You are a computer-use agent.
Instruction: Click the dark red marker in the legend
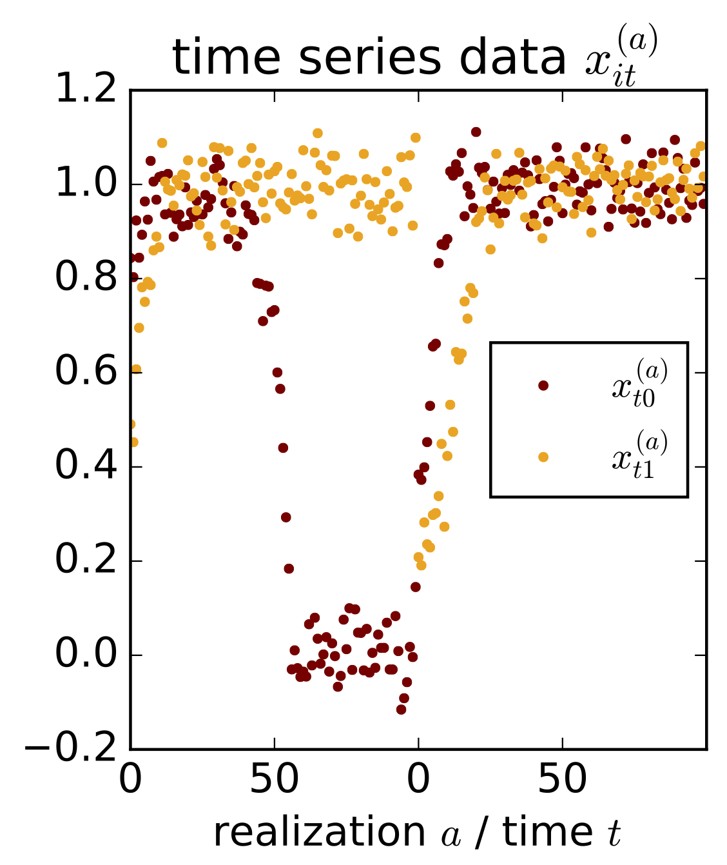point(543,386)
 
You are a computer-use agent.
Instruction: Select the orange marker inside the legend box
point(543,457)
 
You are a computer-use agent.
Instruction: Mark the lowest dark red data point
point(401,710)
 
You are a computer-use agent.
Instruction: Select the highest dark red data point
point(476,132)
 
